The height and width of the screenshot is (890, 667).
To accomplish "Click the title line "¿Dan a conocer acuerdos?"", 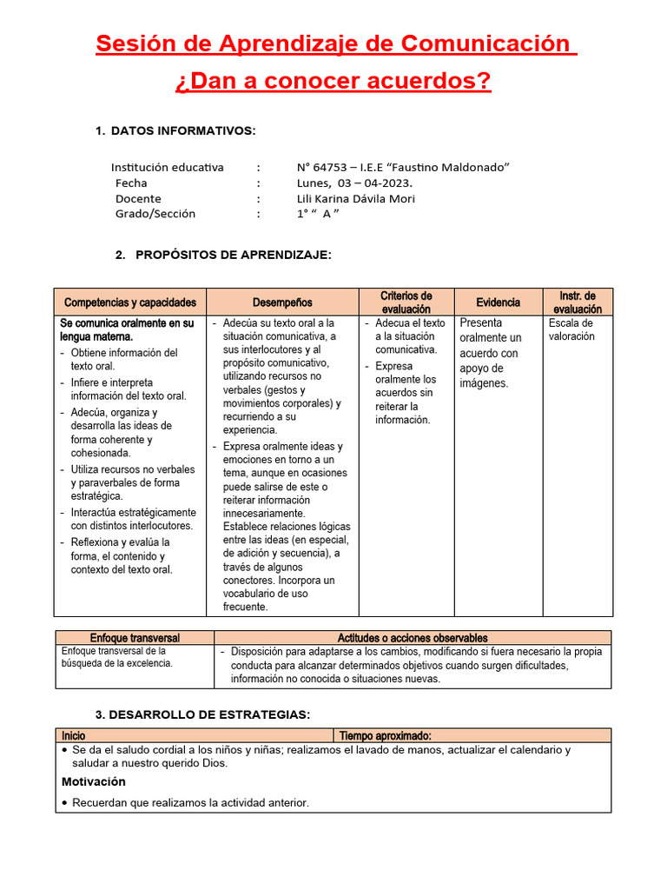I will (333, 82).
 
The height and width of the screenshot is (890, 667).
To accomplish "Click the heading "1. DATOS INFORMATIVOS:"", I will (175, 130).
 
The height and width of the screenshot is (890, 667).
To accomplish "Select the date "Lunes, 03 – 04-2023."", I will (354, 183).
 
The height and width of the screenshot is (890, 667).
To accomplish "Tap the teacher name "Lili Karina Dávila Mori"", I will (356, 198).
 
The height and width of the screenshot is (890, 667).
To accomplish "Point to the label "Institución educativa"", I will (168, 167).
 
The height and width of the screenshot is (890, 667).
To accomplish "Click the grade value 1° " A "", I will (317, 214).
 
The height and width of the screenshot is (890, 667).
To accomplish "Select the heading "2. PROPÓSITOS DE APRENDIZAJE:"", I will (223, 255).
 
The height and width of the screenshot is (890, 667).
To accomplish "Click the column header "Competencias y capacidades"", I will (130, 302).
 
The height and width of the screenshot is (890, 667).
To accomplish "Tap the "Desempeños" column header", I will (282, 302).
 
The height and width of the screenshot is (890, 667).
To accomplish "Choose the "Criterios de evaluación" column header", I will (406, 302).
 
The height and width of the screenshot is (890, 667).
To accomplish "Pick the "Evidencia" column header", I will (499, 302).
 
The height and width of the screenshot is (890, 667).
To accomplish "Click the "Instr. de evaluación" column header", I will (578, 302).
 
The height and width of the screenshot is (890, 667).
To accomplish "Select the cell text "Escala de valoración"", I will (571, 329).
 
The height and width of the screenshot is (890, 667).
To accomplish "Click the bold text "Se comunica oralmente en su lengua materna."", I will (127, 329).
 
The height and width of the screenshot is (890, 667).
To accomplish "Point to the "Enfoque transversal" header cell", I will (135, 638).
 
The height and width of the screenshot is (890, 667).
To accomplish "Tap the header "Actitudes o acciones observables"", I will (413, 638).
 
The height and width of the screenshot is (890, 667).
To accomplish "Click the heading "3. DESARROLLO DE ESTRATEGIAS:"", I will (202, 714).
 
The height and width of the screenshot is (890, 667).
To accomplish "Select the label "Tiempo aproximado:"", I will (385, 735).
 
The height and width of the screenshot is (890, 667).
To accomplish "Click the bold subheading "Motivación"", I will (94, 781).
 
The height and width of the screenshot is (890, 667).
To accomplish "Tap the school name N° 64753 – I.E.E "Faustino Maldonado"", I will (403, 167).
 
